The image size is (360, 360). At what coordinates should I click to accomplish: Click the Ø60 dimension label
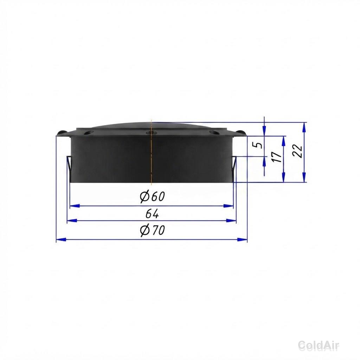tap(153, 197)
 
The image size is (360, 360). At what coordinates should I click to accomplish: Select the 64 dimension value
tap(152, 214)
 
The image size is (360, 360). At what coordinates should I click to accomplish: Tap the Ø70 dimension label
tap(153, 230)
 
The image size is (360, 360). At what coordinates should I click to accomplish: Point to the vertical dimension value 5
tap(259, 145)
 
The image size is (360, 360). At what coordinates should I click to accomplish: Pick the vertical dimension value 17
tap(278, 157)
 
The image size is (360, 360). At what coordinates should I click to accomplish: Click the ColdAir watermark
tap(319, 345)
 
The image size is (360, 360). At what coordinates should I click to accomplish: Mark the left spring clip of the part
tap(69, 166)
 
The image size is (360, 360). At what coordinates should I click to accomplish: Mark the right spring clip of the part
tap(234, 166)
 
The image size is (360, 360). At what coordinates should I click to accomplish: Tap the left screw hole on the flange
tap(88, 133)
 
